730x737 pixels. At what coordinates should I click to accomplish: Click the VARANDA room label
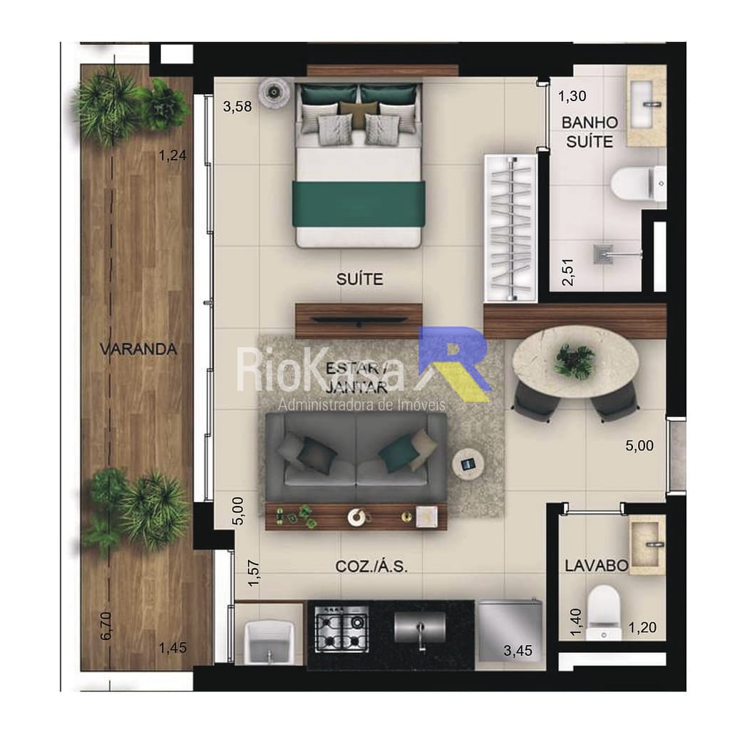point(138,349)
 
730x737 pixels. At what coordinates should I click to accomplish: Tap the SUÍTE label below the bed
point(359,279)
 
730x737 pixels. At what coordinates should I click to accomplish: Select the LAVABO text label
point(596,565)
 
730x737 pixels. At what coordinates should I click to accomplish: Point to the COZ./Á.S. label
point(371,567)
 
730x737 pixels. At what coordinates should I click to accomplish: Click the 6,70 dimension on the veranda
point(106,626)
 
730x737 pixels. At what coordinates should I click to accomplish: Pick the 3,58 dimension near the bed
point(237,107)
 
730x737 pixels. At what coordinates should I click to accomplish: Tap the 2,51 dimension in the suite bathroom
point(568,272)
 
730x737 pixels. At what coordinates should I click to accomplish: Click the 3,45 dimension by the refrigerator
point(518,651)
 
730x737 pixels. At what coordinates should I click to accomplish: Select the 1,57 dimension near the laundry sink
point(253,573)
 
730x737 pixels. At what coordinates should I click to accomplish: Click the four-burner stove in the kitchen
point(341,629)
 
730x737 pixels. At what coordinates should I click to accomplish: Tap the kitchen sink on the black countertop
point(420,628)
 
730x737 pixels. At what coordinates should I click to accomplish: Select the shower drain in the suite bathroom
point(603,254)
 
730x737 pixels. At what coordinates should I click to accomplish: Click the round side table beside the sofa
point(468,465)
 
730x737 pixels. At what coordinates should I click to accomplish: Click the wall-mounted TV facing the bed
point(359,321)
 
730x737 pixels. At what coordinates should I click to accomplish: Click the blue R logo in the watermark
point(455,364)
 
